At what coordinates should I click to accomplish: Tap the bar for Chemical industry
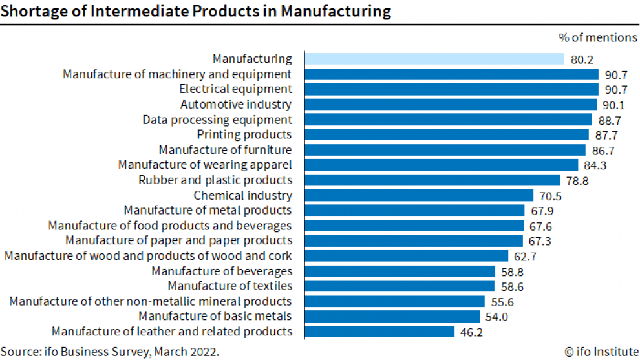pyautogui.click(x=419, y=195)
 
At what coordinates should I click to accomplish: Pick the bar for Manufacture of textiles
pyautogui.click(x=400, y=286)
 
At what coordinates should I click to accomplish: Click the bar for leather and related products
pyautogui.click(x=379, y=332)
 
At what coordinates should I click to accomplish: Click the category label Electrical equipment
pyautogui.click(x=235, y=89)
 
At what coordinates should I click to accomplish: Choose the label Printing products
pyautogui.click(x=244, y=134)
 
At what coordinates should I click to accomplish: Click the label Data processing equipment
pyautogui.click(x=217, y=120)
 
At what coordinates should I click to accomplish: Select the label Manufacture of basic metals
pyautogui.click(x=215, y=316)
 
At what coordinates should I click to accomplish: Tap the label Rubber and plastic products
pyautogui.click(x=215, y=180)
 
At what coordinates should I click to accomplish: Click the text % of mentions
pyautogui.click(x=597, y=37)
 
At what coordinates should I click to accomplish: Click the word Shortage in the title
pyautogui.click(x=29, y=11)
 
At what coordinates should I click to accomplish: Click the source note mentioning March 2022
pyautogui.click(x=110, y=352)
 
